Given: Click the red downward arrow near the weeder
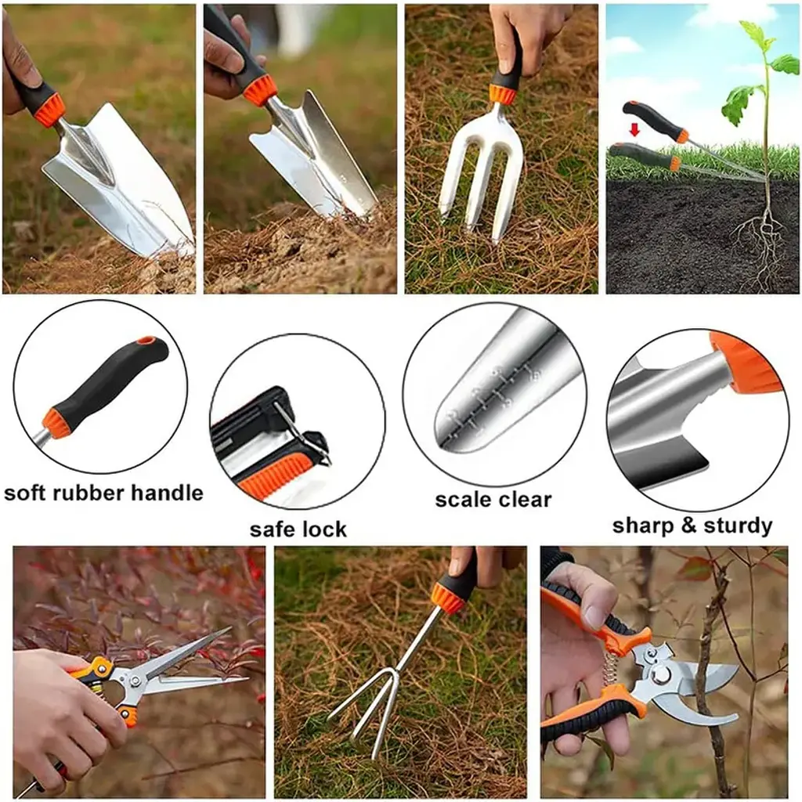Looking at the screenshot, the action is [x=634, y=131].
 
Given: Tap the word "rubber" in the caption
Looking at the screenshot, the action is [x=88, y=493].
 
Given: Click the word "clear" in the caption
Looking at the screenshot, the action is [x=525, y=500].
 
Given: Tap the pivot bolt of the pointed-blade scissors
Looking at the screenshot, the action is [x=135, y=681].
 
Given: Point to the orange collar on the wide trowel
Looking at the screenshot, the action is [x=49, y=109].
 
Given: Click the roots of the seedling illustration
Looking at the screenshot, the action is [x=760, y=245].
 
